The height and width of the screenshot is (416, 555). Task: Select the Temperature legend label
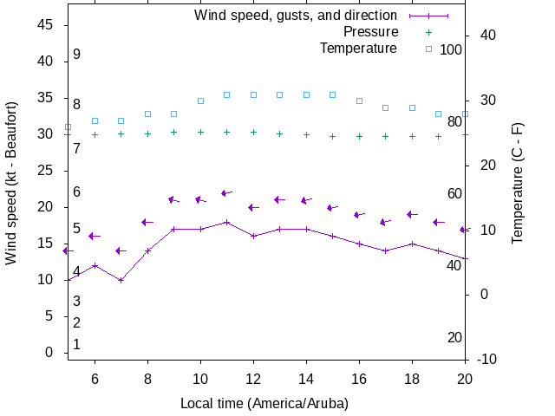[358, 49]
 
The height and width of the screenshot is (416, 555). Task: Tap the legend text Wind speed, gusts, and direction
[296, 16]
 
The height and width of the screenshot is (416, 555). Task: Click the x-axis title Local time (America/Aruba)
[264, 404]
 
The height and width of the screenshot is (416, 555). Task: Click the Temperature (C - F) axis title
[518, 182]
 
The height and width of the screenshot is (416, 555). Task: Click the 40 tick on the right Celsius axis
[487, 36]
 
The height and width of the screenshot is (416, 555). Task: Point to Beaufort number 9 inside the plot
[76, 54]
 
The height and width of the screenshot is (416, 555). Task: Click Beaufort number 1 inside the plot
[76, 344]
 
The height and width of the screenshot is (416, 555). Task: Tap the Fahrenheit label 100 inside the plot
[451, 49]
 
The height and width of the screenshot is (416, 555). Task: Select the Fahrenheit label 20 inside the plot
[454, 337]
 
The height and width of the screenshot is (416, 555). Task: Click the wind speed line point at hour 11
[227, 222]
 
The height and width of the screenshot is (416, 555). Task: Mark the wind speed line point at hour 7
[121, 280]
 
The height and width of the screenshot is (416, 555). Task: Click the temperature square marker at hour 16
[359, 101]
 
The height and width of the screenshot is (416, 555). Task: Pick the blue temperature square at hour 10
[200, 101]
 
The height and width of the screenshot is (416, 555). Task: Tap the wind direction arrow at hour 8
[147, 222]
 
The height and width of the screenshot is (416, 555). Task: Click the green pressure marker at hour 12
[253, 132]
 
